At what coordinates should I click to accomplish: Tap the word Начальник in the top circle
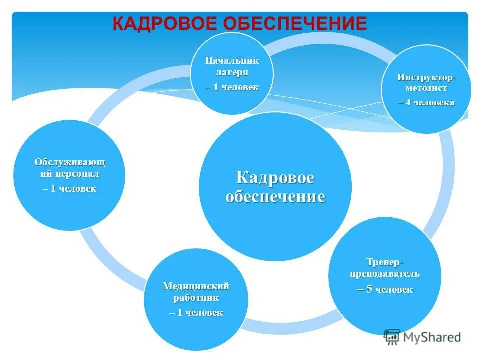coord(232,61)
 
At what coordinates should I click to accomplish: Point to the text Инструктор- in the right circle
coord(427,78)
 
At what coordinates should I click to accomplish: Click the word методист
coord(426,88)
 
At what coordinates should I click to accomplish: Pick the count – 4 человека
coord(426,102)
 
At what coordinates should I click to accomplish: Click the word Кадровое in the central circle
coord(275,178)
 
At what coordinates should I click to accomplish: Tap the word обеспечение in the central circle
coord(275,196)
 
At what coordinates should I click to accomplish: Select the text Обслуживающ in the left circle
coord(70,162)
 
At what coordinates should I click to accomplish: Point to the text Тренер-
coord(384,262)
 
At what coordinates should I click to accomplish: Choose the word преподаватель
coord(384,274)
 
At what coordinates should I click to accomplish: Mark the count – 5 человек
coord(385,289)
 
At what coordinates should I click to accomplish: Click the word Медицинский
coord(196,286)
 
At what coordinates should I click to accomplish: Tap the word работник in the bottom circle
coord(196,298)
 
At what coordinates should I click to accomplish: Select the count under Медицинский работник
coord(196,313)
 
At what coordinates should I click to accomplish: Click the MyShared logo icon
coord(392,337)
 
